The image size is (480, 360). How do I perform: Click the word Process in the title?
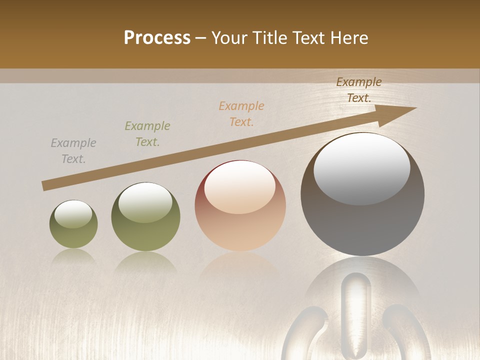click(x=157, y=38)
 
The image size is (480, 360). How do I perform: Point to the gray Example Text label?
click(x=73, y=151)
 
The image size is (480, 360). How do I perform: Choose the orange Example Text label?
click(x=241, y=114)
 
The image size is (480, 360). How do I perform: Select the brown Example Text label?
click(x=359, y=90)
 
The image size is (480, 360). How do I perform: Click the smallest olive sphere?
click(x=73, y=224)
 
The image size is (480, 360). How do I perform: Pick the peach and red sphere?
click(x=240, y=206)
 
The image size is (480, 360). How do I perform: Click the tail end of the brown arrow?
click(x=44, y=186)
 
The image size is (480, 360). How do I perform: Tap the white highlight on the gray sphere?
click(x=361, y=167)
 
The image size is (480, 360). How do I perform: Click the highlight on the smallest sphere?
click(x=73, y=214)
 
